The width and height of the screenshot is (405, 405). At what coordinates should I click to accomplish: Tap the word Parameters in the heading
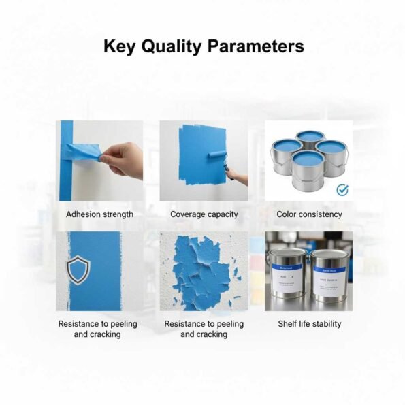tap(256, 46)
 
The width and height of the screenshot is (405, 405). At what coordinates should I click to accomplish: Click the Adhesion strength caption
tap(99, 214)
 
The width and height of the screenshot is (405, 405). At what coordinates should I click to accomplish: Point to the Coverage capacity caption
tap(204, 214)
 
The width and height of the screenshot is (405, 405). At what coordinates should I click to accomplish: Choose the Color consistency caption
tap(309, 214)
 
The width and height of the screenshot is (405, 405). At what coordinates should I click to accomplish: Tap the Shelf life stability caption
tap(309, 324)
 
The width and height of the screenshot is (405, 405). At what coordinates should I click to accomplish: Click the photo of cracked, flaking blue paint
tap(204, 271)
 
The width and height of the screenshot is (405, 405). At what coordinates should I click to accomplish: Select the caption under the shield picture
tap(97, 329)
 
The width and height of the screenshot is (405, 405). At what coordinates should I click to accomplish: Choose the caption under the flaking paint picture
tap(204, 329)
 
